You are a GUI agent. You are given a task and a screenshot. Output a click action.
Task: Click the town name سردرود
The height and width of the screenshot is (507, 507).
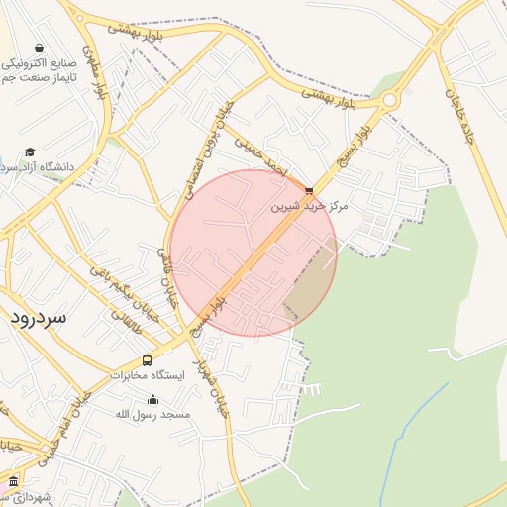pyautogui.click(x=39, y=318)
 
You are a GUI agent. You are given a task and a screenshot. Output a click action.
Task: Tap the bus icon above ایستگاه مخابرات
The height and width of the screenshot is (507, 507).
pyautogui.click(x=147, y=360)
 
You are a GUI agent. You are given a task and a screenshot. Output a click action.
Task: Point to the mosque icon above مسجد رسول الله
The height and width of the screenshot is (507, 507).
pyautogui.click(x=152, y=400)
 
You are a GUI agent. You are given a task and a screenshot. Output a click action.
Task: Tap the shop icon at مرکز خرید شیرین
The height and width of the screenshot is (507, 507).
pyautogui.click(x=309, y=190)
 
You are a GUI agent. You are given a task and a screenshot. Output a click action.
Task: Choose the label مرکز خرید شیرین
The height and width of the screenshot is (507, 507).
pyautogui.click(x=311, y=207)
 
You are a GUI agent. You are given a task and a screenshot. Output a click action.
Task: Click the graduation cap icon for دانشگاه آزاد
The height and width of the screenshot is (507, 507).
pyautogui.click(x=30, y=152)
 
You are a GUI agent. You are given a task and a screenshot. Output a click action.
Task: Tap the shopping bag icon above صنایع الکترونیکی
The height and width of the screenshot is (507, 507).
pyautogui.click(x=38, y=48)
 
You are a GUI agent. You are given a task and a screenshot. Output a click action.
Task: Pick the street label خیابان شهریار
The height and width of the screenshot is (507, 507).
pyautogui.click(x=212, y=381)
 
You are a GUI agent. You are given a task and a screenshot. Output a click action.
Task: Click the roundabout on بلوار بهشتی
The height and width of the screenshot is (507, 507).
pyautogui.click(x=389, y=100)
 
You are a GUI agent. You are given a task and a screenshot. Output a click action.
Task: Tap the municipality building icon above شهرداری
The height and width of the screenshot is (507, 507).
pyautogui.click(x=13, y=481)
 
